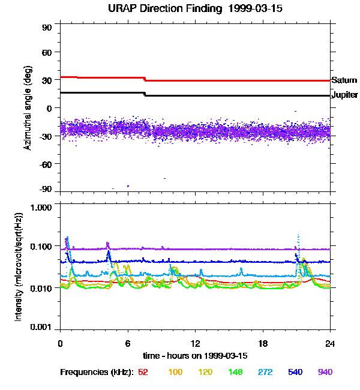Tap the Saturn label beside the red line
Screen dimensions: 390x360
[x=343, y=80]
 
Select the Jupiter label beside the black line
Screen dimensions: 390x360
[x=344, y=95]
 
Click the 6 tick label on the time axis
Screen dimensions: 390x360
[x=128, y=344]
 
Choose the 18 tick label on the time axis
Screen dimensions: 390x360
[x=263, y=344]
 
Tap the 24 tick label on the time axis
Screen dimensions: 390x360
[x=330, y=344]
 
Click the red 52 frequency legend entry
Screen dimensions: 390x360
[x=143, y=373]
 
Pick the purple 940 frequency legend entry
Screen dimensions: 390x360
[x=325, y=373]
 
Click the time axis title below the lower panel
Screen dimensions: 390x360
[x=195, y=356]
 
